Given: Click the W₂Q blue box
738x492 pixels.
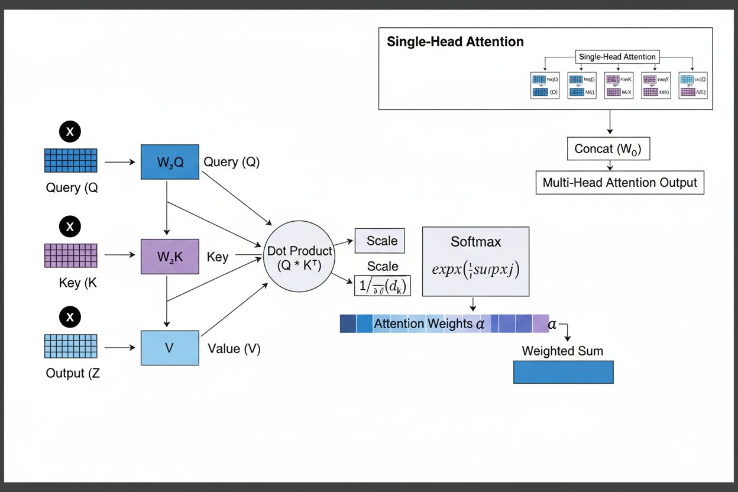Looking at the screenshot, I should point(170,161).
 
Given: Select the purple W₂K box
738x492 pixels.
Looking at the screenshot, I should point(170,257).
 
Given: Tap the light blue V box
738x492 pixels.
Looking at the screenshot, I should point(170,348).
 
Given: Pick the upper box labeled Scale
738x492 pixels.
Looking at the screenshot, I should point(380,241).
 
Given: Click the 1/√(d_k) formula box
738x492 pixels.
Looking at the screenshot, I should point(383,286).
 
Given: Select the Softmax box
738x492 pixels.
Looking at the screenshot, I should point(475,261).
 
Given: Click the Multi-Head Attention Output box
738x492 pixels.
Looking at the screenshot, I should point(620,182).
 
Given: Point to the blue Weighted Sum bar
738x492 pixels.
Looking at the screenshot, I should point(563,372).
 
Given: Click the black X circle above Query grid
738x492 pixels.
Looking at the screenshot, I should point(70,131).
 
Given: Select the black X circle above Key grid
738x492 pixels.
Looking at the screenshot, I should point(70,226).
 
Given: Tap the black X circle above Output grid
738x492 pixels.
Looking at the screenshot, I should point(70,317).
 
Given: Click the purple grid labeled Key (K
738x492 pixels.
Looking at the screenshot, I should point(71,255).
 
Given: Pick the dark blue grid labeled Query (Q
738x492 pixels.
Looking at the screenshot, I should point(71,160).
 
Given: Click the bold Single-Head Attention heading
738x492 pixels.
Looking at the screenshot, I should point(455,42).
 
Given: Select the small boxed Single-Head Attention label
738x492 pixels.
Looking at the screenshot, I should point(617,57).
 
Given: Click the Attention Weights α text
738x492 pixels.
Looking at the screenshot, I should point(429,323).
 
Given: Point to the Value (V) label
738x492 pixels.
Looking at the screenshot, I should point(234,348).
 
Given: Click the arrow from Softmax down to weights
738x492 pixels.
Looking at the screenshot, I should point(473,305).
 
